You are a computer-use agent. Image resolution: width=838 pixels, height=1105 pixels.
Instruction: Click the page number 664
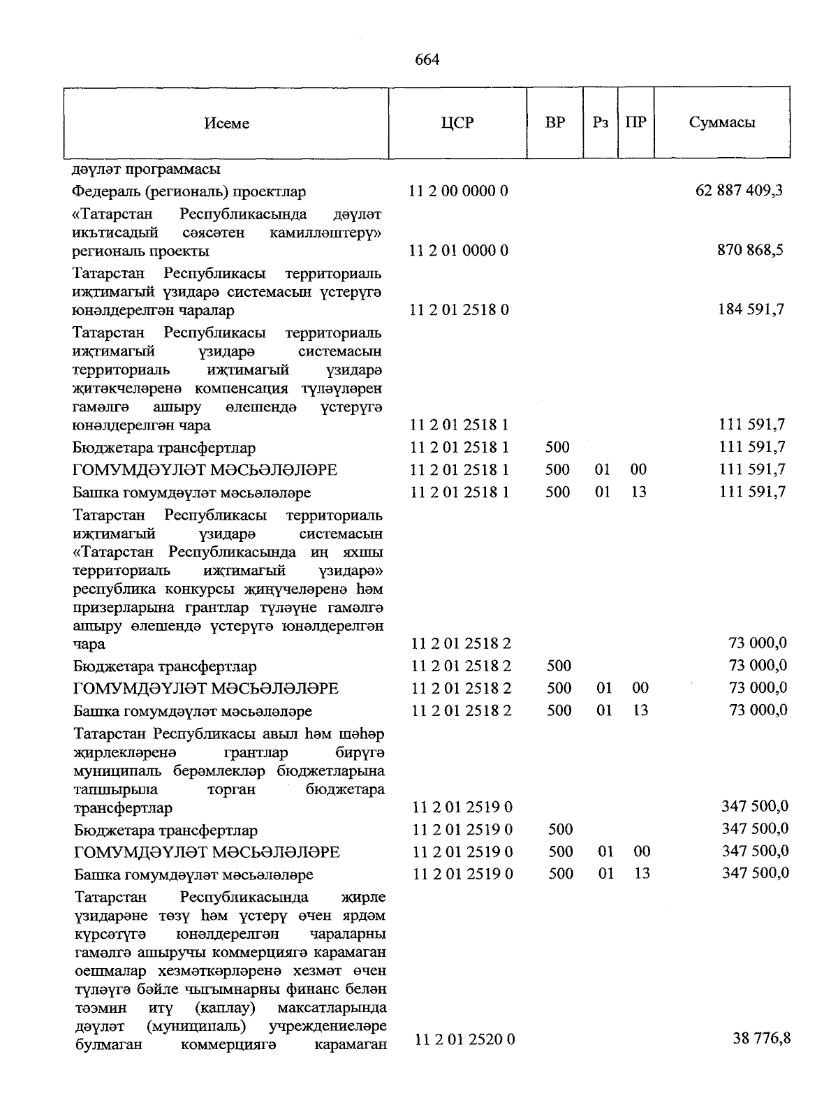click(427, 60)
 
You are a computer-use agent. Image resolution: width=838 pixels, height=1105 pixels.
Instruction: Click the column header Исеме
click(226, 124)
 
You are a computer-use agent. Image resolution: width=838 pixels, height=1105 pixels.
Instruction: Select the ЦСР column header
click(457, 123)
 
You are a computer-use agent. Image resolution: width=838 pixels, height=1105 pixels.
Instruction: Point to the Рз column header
click(601, 123)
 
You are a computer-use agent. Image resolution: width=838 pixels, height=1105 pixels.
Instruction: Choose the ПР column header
click(635, 123)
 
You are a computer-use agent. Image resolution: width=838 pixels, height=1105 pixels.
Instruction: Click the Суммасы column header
click(721, 123)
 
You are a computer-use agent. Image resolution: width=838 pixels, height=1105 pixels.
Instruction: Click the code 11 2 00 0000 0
click(459, 191)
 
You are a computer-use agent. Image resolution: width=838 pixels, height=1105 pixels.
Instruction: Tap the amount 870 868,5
click(750, 250)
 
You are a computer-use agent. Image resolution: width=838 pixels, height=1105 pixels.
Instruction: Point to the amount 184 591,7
click(751, 309)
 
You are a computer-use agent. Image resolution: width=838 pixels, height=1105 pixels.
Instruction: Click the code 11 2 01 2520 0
click(464, 1040)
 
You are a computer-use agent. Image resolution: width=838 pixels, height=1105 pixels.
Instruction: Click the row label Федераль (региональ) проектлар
click(189, 191)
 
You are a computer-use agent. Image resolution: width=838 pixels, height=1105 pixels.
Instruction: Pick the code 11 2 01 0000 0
click(459, 250)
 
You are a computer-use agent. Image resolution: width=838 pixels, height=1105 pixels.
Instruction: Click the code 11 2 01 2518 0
click(459, 309)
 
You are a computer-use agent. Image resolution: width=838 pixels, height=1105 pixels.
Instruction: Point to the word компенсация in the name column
click(242, 388)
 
